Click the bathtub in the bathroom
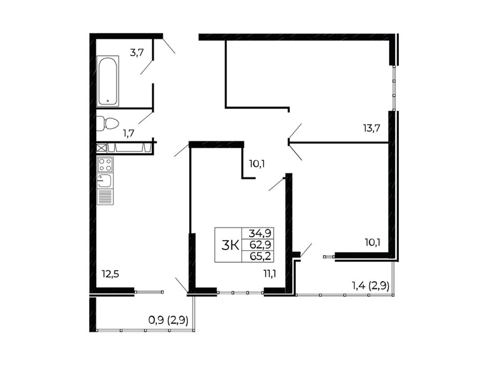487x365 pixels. click(x=108, y=81)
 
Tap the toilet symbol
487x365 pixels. click(x=108, y=123)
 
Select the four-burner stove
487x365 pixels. click(x=105, y=164)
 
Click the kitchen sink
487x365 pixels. click(x=105, y=180)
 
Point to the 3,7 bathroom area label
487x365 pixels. click(x=137, y=53)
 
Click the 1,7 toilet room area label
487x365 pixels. click(x=128, y=134)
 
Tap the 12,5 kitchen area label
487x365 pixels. click(x=110, y=274)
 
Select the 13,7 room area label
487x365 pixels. click(x=372, y=128)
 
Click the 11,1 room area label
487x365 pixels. click(x=270, y=274)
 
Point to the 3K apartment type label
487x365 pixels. click(x=230, y=246)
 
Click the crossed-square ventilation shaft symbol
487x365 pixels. click(x=102, y=147)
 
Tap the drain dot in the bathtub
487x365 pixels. click(x=108, y=101)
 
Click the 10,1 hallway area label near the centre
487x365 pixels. click(x=256, y=163)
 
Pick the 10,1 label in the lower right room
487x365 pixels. click(x=372, y=242)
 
